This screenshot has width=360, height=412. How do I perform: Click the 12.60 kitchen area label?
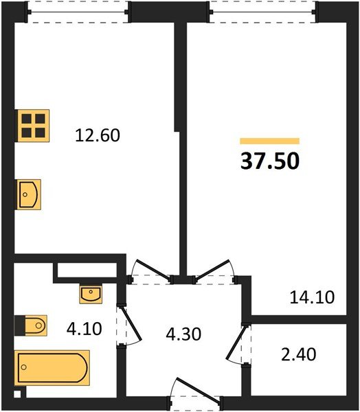point(98,135)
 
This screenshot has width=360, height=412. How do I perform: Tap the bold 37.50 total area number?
point(270,161)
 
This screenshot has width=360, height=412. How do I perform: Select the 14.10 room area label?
point(312,297)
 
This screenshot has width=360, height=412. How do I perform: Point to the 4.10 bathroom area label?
point(84,329)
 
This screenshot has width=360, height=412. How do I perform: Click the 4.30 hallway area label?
point(183,334)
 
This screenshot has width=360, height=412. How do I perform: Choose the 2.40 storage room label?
point(298,354)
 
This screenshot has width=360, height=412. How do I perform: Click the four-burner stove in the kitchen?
point(34,126)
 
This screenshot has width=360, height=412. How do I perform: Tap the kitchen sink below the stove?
point(29,194)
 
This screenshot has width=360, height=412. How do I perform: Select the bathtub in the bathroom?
point(52,367)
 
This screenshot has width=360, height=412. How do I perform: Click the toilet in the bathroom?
point(36,325)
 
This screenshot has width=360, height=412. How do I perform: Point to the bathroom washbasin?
point(91,294)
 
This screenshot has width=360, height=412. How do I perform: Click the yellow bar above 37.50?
point(270,141)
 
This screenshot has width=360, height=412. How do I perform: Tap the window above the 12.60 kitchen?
point(78,12)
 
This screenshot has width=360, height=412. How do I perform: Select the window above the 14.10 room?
point(263,12)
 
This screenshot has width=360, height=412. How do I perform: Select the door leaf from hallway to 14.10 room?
point(213,268)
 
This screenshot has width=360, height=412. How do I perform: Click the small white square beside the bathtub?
point(17,394)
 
